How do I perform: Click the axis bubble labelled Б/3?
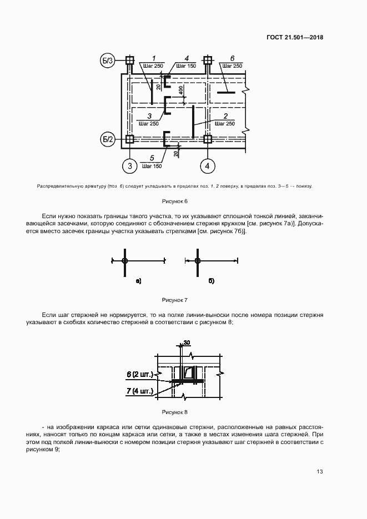pos(107,61)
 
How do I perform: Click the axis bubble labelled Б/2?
pos(107,139)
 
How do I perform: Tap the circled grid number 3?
pos(129,165)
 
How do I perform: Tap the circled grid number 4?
pos(208,165)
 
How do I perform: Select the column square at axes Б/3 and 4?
pos(208,60)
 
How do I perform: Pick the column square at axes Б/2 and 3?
pos(129,139)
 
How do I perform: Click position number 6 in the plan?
pos(232,58)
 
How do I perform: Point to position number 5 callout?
pos(152,158)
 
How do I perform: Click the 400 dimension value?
pos(181,90)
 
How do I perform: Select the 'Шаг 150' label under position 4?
pos(186,66)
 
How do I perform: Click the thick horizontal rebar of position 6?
pos(226,92)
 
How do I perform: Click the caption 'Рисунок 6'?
pos(175,201)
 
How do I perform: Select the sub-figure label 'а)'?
pos(138,281)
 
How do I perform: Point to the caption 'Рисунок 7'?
pos(175,300)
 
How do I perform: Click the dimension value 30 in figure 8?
pos(187,342)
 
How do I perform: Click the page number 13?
pos(319,471)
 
